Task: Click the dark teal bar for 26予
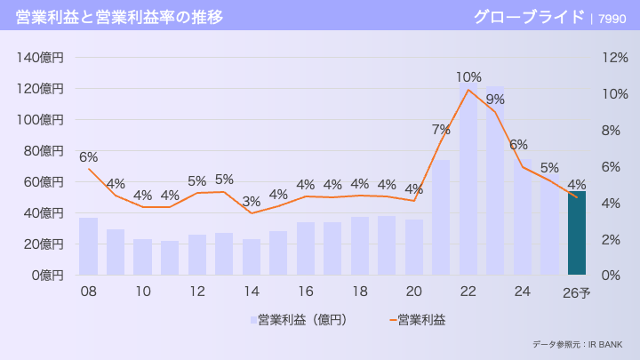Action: pyautogui.click(x=577, y=233)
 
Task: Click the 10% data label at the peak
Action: pyautogui.click(x=468, y=77)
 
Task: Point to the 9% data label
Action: pyautogui.click(x=495, y=100)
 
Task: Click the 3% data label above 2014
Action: pyautogui.click(x=252, y=202)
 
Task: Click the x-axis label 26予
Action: pyautogui.click(x=577, y=292)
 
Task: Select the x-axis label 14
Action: pyautogui.click(x=252, y=292)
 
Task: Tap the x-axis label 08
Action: pyautogui.click(x=88, y=292)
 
